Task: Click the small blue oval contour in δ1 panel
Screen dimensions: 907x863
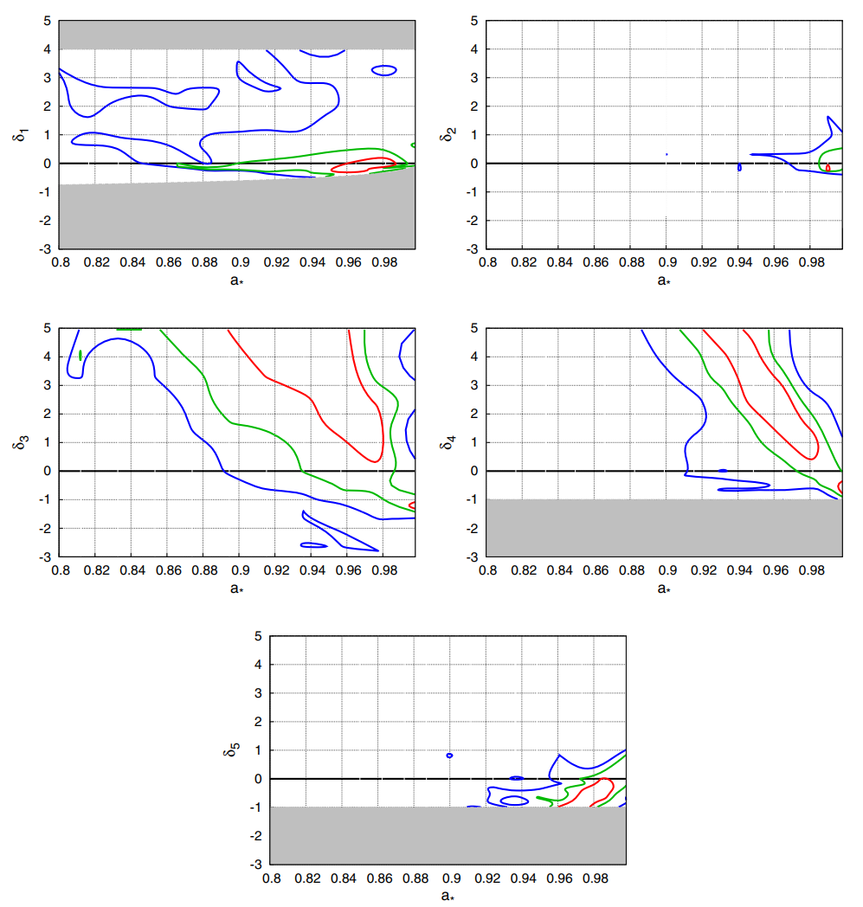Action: pos(383,69)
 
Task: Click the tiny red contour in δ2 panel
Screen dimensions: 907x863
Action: pos(828,167)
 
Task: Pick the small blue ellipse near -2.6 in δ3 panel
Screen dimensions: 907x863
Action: pos(313,545)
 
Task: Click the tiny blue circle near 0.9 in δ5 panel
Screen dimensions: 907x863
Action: pos(449,755)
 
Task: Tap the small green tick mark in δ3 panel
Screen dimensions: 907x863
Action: pos(81,355)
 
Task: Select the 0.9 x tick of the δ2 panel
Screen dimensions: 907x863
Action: pos(667,261)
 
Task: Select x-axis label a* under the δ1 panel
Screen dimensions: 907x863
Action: pos(235,280)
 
